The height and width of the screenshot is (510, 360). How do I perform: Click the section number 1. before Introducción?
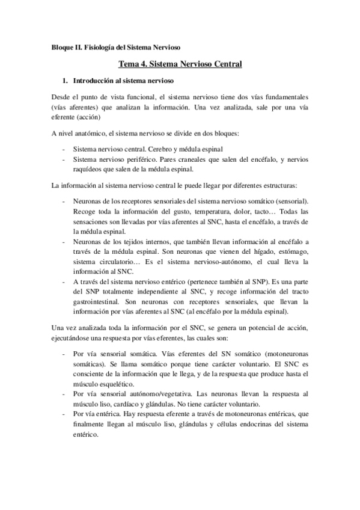[x=66, y=80]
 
